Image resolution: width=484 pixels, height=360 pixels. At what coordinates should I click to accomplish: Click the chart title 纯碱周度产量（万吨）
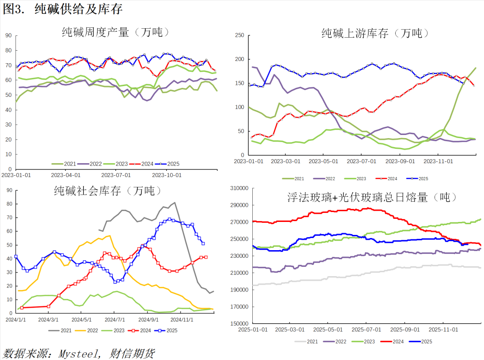pyautogui.click(x=116, y=32)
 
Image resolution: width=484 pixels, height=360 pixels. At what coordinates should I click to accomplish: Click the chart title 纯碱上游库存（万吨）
pyautogui.click(x=375, y=33)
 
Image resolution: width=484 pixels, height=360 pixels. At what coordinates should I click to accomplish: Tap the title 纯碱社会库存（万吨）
pyautogui.click(x=107, y=191)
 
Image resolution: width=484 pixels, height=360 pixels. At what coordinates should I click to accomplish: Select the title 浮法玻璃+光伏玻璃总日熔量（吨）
pyautogui.click(x=372, y=197)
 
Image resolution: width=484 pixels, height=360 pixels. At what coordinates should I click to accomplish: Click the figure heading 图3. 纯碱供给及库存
pyautogui.click(x=62, y=9)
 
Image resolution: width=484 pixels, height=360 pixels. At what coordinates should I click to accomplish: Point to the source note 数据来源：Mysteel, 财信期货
pyautogui.click(x=78, y=353)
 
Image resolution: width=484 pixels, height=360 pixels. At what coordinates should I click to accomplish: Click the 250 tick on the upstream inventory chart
pyautogui.click(x=239, y=35)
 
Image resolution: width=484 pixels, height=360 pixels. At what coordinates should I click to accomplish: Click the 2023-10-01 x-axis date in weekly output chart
pyautogui.click(x=167, y=175)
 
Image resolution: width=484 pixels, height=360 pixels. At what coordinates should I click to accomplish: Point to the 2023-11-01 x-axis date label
pyautogui.click(x=438, y=160)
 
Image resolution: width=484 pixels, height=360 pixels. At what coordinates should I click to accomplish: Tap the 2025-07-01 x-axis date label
pyautogui.click(x=366, y=329)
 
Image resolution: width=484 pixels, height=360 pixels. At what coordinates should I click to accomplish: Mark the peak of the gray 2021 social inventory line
pyautogui.click(x=174, y=203)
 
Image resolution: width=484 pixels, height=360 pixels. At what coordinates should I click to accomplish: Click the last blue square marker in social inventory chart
pyautogui.click(x=203, y=243)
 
